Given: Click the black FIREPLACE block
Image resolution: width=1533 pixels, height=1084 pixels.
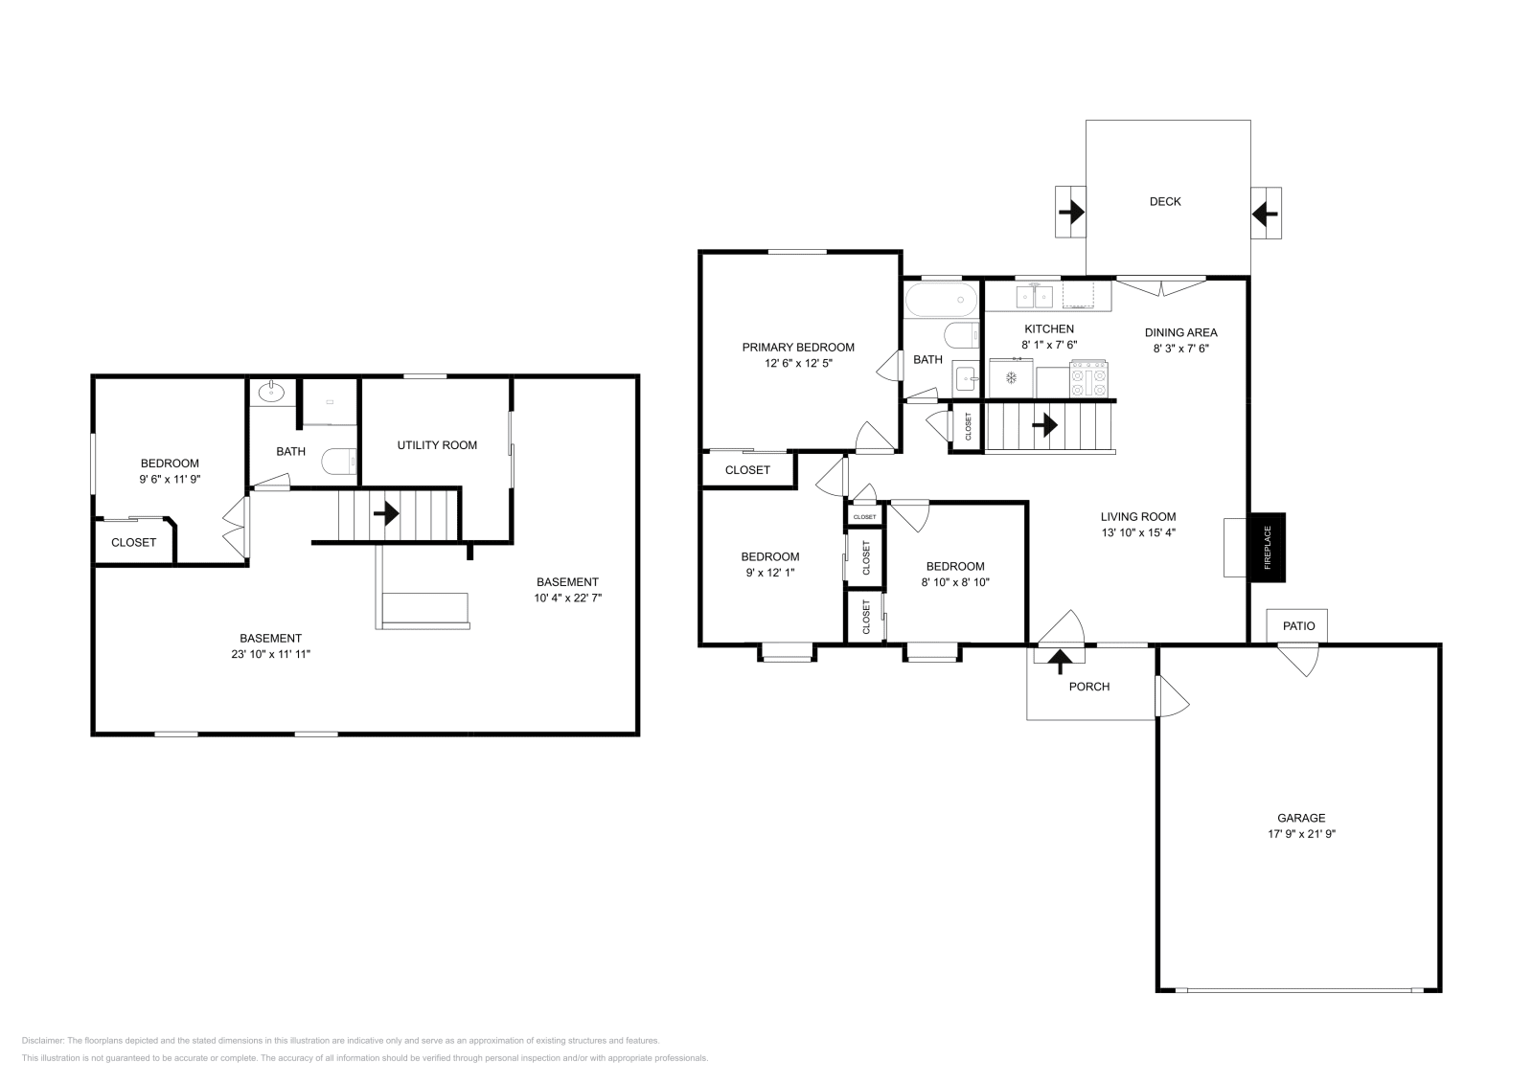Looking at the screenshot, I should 1267,547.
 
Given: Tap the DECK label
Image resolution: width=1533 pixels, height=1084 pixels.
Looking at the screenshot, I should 1165,201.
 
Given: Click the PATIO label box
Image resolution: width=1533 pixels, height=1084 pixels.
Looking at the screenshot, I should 1298,625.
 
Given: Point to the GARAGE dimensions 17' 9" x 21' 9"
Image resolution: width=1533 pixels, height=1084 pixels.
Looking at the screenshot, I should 1300,834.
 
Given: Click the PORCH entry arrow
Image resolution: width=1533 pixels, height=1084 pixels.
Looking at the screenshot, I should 1060,659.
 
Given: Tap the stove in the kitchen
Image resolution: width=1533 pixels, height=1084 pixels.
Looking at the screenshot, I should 1088,378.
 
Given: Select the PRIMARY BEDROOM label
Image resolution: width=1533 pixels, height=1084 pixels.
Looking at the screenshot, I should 797,348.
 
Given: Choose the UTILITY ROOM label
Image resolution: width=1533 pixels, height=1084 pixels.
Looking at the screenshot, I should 437,445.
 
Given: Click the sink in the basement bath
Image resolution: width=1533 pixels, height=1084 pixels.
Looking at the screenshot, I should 273,391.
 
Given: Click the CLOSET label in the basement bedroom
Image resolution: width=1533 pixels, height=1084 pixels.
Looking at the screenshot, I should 133,542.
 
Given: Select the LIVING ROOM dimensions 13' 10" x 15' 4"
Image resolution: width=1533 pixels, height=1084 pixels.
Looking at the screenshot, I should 1137,532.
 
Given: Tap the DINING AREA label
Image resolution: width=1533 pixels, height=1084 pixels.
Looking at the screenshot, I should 1180,332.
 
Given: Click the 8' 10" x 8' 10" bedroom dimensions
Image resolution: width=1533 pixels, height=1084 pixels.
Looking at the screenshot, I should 954,582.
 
